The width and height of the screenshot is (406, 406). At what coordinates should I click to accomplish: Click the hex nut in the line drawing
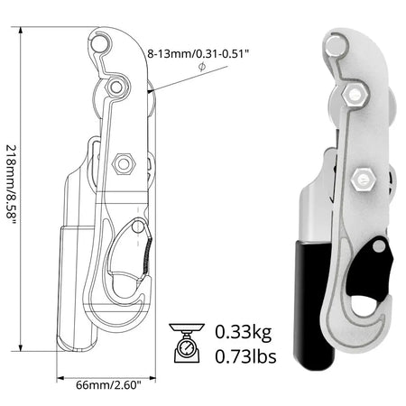pos(125,163)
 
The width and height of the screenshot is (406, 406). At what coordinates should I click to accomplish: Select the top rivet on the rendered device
pos(333,45)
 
